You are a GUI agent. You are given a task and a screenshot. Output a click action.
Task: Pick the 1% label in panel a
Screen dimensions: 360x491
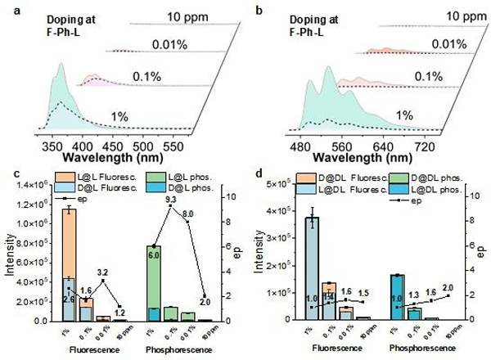(x=120, y=117)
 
